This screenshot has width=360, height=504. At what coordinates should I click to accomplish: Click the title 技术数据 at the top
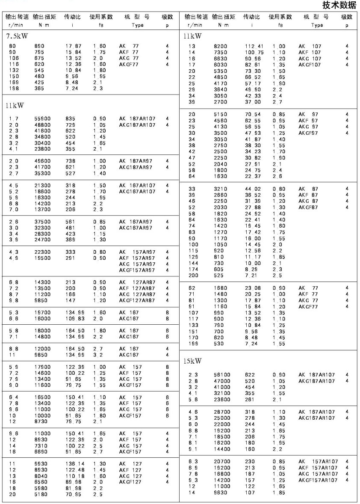click(x=340, y=5)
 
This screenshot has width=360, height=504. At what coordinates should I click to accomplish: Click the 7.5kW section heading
click(x=17, y=36)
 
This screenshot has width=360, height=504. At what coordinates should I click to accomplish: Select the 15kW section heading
click(x=192, y=361)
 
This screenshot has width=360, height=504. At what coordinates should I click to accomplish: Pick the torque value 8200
click(x=221, y=46)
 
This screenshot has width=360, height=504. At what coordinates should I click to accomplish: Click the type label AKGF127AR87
click(x=137, y=301)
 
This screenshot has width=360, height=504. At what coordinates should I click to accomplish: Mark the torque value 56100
click(x=222, y=375)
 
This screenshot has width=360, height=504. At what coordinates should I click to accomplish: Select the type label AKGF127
click(x=132, y=482)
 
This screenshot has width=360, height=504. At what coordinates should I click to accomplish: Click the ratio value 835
click(x=71, y=119)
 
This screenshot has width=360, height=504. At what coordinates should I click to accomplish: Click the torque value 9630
click(x=221, y=492)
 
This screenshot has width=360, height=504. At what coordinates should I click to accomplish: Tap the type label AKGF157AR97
click(x=137, y=270)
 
